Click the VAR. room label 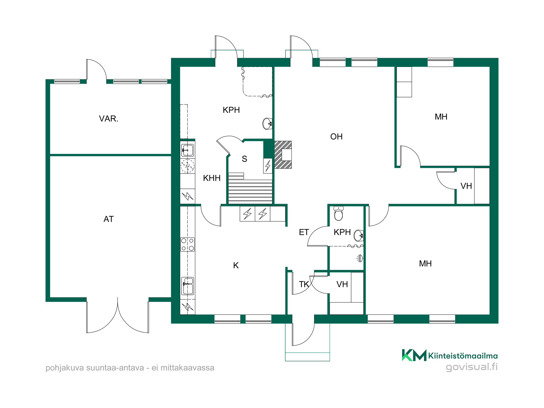(x=109, y=119)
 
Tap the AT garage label (x=109, y=219)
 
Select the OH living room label (x=336, y=137)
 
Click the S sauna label (x=244, y=159)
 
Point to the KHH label (x=212, y=178)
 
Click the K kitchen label (x=236, y=265)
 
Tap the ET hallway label (x=304, y=232)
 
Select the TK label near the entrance (x=304, y=284)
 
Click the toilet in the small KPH (x=338, y=213)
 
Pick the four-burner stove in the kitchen (x=187, y=244)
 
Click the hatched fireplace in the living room (x=283, y=155)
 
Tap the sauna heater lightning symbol (x=268, y=166)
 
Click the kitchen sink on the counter (x=187, y=286)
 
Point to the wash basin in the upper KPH (x=267, y=124)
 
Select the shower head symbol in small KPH (x=360, y=258)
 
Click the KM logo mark (x=414, y=355)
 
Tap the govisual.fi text (x=472, y=367)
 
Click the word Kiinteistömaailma (x=463, y=356)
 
